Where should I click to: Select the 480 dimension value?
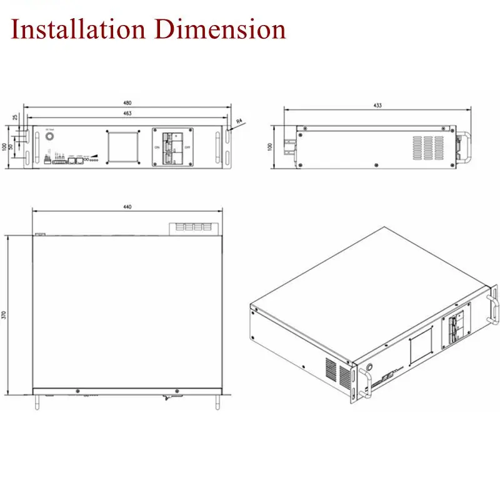tap(128, 103)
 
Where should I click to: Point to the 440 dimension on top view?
tap(128, 207)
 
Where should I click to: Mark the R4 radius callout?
tap(240, 121)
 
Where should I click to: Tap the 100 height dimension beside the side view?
tap(270, 146)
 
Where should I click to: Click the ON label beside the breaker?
tap(157, 147)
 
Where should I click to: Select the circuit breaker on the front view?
tap(172, 147)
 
